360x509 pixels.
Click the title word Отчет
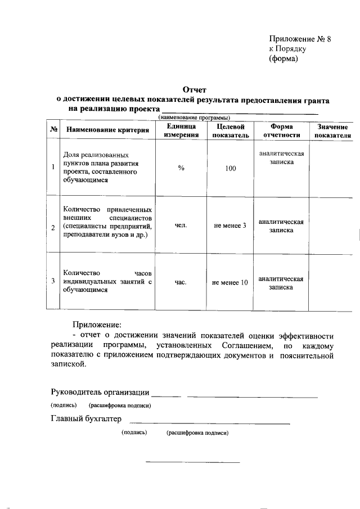coord(195,89)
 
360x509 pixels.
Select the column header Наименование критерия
coord(110,130)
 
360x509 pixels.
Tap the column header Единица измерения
coord(181,131)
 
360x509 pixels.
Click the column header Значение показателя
coord(332,131)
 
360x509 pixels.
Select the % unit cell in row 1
coord(181,168)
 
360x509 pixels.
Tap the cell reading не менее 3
coord(230,226)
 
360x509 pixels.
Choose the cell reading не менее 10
coord(229,283)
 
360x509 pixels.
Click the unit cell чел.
coord(181,225)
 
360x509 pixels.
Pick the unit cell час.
coord(181,282)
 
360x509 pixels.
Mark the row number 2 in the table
coord(53,227)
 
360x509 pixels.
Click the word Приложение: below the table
coord(96,325)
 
